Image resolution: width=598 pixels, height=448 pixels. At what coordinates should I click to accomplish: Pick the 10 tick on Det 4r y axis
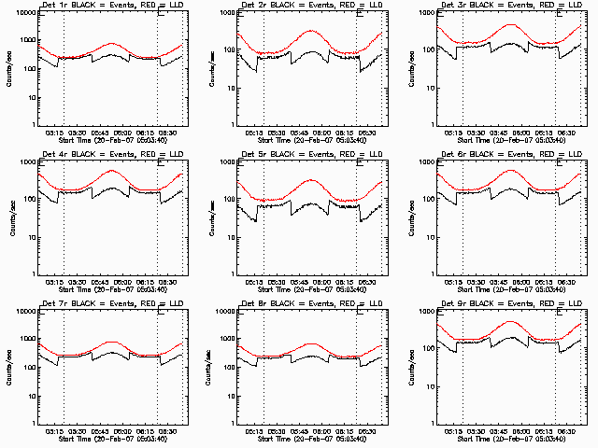coord(27,237)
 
